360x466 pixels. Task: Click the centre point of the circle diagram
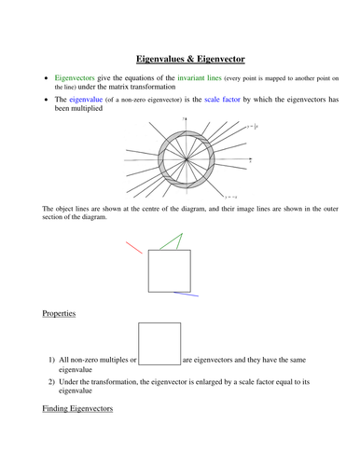(x=186, y=158)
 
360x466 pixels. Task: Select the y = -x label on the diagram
(x=230, y=198)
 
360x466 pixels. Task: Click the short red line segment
(x=135, y=247)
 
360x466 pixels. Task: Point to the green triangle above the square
(x=169, y=240)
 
